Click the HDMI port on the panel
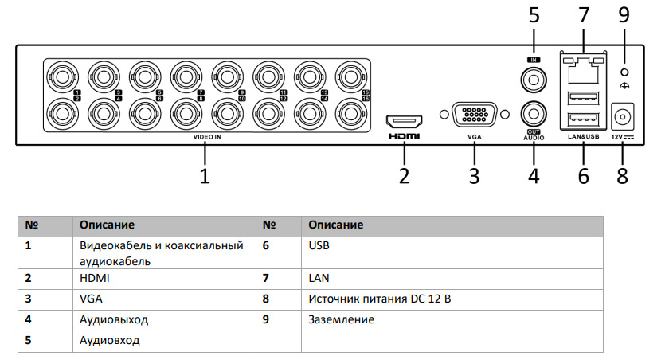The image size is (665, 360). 404,122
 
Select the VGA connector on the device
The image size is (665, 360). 475,115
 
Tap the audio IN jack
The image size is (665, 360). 533,79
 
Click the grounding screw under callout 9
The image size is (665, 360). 623,72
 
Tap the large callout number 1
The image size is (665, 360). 205,175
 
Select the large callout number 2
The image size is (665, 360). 404,175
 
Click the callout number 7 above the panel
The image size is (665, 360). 583,15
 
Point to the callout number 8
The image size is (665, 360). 622,175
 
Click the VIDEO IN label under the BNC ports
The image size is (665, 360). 206,137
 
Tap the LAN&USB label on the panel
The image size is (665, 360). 582,137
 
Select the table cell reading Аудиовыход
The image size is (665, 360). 114,320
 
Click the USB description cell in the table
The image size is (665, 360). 319,246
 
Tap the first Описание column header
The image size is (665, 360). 107,225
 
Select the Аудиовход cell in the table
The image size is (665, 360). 109,341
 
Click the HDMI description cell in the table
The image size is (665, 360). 94,279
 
